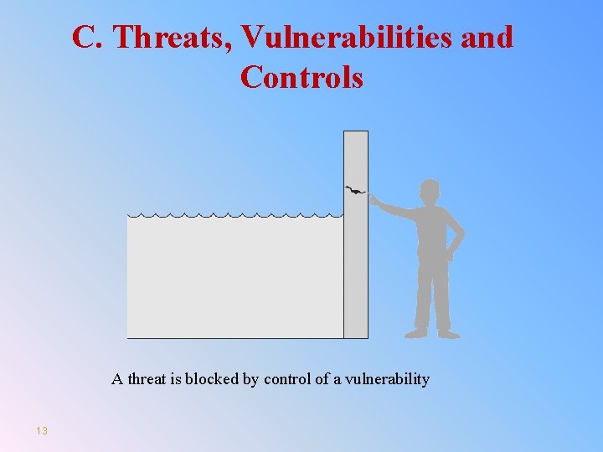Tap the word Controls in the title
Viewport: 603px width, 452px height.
[x=301, y=77]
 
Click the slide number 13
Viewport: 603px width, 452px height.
[x=42, y=430]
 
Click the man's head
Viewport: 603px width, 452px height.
[x=430, y=190]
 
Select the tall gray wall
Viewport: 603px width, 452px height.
[x=356, y=268]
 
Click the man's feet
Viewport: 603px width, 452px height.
[x=432, y=333]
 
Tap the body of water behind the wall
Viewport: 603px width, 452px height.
[x=234, y=276]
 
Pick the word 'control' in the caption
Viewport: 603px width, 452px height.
[x=287, y=379]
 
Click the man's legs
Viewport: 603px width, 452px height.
[x=432, y=297]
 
